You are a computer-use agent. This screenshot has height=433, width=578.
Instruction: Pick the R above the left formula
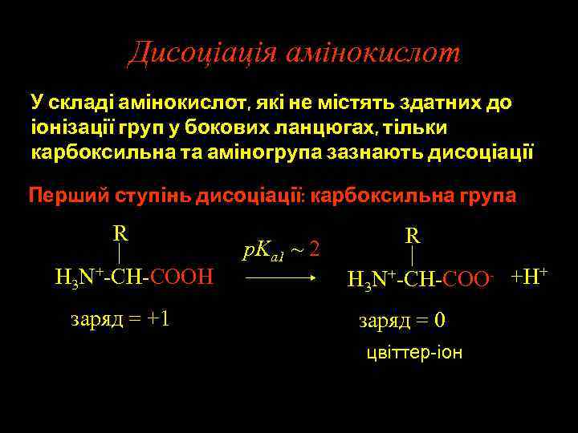[x=120, y=233]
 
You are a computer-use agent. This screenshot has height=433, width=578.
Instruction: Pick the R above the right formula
[x=413, y=236]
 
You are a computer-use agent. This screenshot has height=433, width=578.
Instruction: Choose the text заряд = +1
[x=120, y=318]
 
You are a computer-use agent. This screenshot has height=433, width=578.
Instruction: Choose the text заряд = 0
[x=402, y=321]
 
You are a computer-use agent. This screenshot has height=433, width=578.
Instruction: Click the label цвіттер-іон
[x=413, y=353]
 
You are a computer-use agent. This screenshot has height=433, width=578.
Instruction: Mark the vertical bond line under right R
[x=413, y=257]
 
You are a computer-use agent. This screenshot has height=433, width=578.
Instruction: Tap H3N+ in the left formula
[x=77, y=277]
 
